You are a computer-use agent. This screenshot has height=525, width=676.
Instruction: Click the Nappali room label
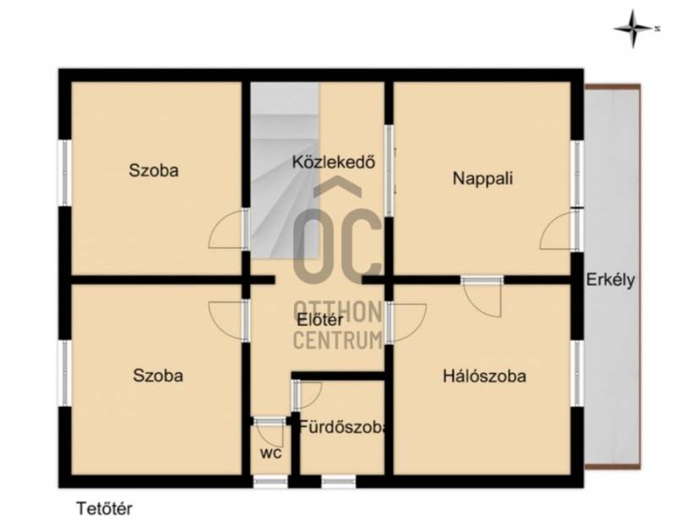coord(482,178)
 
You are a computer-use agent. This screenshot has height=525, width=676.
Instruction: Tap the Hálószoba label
coord(484,376)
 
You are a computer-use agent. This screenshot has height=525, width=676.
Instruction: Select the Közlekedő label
coord(333,161)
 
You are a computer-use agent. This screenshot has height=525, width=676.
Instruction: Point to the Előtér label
coord(320,320)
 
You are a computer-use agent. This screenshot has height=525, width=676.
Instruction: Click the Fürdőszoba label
coord(343,427)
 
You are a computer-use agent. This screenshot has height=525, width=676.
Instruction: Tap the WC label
coord(270,453)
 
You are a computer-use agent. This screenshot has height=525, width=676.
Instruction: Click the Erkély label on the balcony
coord(610,281)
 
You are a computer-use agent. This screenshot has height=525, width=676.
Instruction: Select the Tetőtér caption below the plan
coord(104,509)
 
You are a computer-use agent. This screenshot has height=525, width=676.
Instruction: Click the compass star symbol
coord(633,29)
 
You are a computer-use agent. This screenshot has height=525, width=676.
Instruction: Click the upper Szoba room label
coord(154,171)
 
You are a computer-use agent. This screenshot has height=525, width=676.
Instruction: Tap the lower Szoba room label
coord(158,375)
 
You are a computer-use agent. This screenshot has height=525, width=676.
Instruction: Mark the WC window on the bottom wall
coord(270,481)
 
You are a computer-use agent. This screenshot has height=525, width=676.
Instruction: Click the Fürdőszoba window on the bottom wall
coord(339,481)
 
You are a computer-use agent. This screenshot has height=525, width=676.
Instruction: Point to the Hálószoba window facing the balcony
coord(577,373)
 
